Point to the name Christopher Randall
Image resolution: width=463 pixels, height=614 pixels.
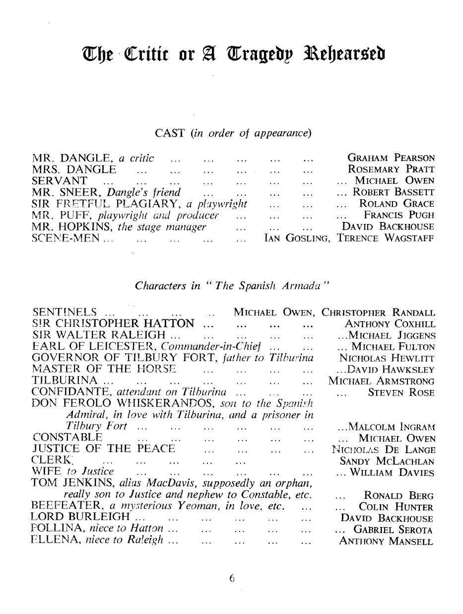(x=378, y=313)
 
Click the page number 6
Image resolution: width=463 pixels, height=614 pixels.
(x=231, y=578)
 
